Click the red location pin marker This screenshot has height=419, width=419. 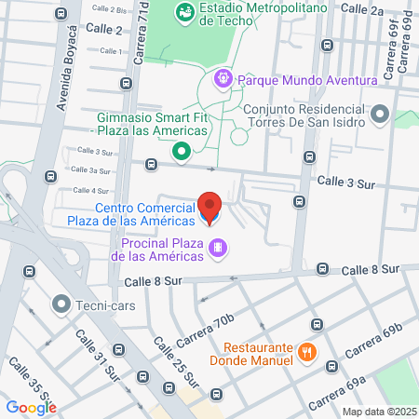click(x=209, y=208)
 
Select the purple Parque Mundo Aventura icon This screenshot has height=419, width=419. click(x=223, y=79)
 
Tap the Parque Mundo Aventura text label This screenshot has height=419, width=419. click(x=307, y=80)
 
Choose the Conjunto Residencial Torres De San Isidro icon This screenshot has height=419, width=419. click(x=379, y=115)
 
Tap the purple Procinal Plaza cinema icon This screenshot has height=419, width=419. click(x=217, y=247)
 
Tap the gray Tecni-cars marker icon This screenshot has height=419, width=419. click(x=61, y=304)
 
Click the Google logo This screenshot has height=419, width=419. click(x=31, y=406)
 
